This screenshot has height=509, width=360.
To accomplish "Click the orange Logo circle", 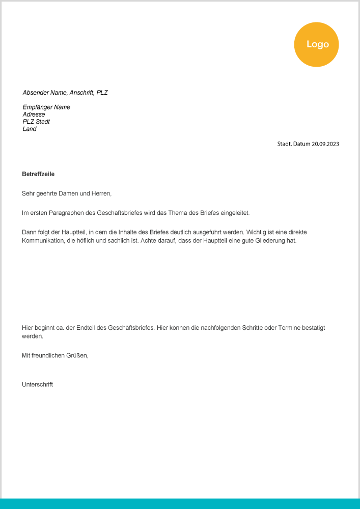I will coord(316,44).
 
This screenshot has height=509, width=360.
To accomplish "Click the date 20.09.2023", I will coord(325,144).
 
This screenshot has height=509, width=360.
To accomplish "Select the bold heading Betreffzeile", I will coord(38,174).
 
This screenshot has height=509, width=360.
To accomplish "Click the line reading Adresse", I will coord(34,115).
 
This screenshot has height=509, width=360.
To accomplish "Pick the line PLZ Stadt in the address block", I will coord(36,122).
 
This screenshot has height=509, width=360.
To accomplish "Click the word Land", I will coord(30,129).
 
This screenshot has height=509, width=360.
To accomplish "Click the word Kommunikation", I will coord(43,240).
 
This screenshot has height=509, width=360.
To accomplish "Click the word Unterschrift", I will coord(37,385).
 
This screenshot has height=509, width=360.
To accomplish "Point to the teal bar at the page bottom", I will coord(180,503).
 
